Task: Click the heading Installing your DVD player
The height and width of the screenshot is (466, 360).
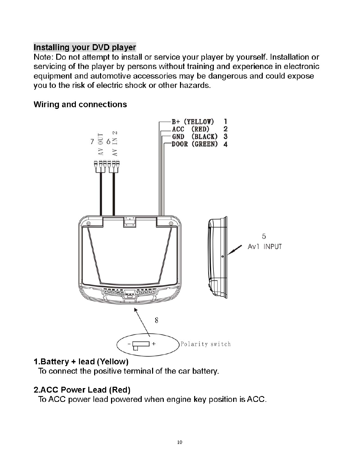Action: [85, 47]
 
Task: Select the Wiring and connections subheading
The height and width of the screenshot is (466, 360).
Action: [80, 104]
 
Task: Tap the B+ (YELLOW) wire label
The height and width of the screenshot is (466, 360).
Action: [193, 122]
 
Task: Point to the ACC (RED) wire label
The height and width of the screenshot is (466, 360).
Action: [191, 129]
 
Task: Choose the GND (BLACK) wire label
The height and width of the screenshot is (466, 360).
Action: [195, 136]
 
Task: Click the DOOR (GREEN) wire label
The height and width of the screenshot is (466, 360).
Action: [195, 144]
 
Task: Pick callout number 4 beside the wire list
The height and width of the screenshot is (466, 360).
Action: [225, 144]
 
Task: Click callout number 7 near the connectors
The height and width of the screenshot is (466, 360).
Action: [92, 141]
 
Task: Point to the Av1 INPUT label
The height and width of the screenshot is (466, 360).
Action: [264, 246]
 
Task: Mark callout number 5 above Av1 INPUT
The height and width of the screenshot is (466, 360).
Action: [264, 236]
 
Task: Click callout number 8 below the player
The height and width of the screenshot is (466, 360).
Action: [157, 321]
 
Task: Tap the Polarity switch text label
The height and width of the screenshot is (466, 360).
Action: [206, 344]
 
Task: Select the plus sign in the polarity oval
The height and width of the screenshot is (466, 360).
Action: [153, 344]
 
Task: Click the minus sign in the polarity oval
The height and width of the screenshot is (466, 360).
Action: [129, 344]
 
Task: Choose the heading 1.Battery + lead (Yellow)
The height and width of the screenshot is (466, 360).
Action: [81, 362]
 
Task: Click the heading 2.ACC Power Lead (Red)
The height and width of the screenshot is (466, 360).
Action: [82, 390]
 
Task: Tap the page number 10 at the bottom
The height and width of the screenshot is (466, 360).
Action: [179, 443]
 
